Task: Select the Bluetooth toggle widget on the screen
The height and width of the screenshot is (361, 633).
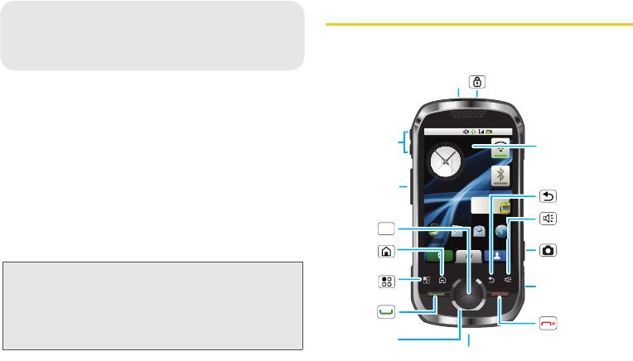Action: pos(500,176)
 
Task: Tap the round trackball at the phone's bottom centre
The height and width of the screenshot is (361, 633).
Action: pos(470,294)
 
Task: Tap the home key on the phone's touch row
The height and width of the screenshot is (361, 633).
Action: pos(442,279)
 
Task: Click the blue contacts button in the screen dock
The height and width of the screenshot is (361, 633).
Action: pos(498,257)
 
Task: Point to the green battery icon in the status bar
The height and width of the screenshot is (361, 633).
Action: pos(490,132)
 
